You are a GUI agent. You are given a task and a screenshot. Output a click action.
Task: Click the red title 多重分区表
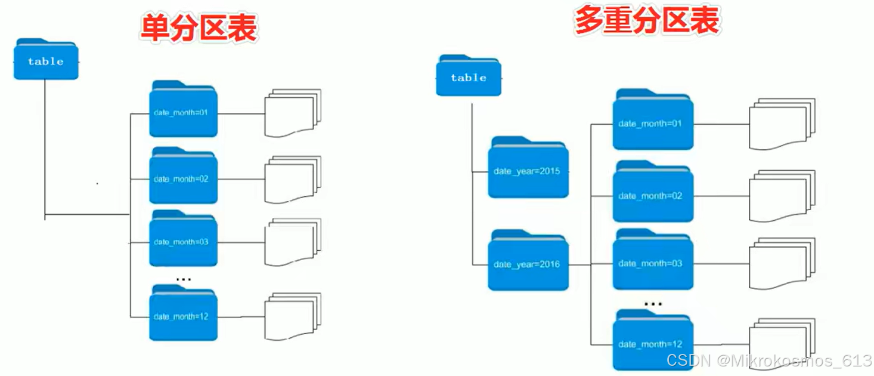[x=647, y=22]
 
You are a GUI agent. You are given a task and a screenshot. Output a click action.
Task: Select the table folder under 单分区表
[x=46, y=60]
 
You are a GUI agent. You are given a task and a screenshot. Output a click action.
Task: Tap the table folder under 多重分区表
[x=469, y=76]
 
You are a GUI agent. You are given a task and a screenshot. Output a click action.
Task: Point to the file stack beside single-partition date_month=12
[x=292, y=316]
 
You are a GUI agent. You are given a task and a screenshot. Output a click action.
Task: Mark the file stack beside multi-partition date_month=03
[x=781, y=263]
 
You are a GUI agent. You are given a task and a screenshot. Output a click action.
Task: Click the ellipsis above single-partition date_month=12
[x=184, y=279]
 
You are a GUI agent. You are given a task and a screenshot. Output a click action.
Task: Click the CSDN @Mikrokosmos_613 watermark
[x=768, y=360]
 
